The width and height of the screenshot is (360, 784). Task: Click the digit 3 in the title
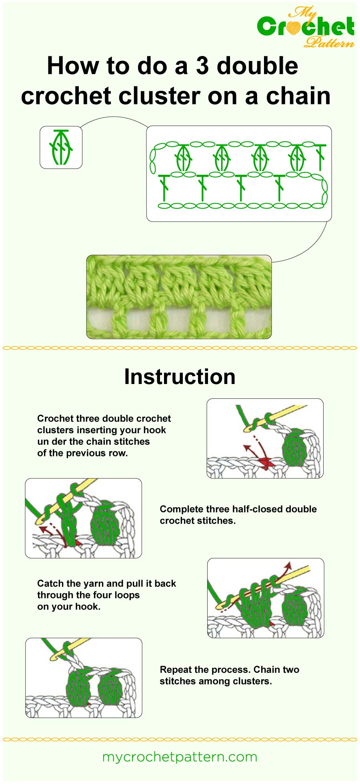202,66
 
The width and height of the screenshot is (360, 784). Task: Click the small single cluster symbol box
61,147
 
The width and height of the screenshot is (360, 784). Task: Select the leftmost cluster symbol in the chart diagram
183,158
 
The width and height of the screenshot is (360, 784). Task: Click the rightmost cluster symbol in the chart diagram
298,158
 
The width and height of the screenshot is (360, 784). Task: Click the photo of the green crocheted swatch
179,297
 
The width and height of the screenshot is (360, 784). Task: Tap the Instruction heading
180,376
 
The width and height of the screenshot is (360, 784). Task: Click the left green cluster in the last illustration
77,687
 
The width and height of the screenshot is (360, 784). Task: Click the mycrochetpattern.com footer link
180,757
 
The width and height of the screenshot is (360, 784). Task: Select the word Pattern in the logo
329,42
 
